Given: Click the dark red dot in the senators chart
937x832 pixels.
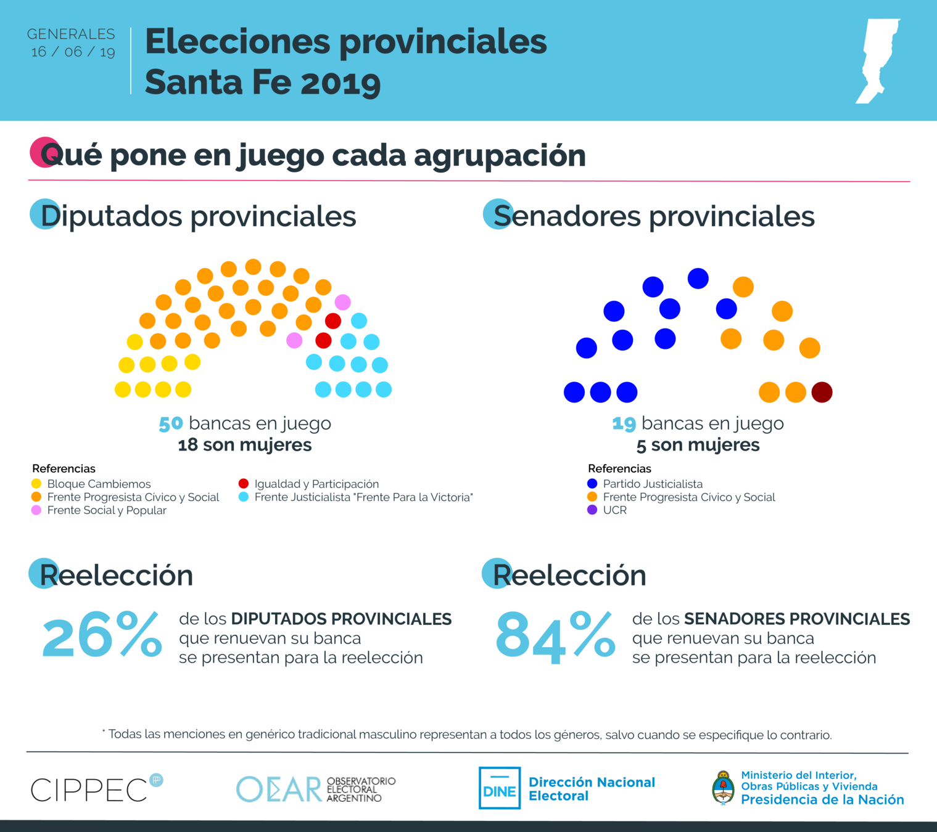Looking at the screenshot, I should (822, 392).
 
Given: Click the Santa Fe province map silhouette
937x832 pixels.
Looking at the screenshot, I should (876, 60).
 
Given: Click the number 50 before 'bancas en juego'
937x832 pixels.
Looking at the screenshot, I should (171, 424).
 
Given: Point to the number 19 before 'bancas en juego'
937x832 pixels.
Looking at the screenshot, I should (624, 424).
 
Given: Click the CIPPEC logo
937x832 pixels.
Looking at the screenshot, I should (96, 789).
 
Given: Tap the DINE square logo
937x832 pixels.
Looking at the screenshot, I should (500, 788).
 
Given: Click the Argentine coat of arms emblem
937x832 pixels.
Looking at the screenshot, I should (723, 788).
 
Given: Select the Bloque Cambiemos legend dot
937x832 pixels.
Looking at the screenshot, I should (36, 484).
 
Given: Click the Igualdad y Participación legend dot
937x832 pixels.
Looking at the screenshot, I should (244, 484).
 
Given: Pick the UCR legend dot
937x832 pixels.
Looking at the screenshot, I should (592, 510).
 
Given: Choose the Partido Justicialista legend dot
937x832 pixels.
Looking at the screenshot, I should (592, 484).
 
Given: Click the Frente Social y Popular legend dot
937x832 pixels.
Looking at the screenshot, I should (36, 510).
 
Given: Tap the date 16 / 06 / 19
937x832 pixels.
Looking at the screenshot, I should (73, 52).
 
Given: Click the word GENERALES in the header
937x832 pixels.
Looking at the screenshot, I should (71, 34).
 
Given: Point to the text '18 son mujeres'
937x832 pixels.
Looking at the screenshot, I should (245, 445).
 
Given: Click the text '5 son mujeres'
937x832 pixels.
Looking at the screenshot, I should (698, 445).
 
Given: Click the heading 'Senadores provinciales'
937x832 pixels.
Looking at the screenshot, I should (654, 216).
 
